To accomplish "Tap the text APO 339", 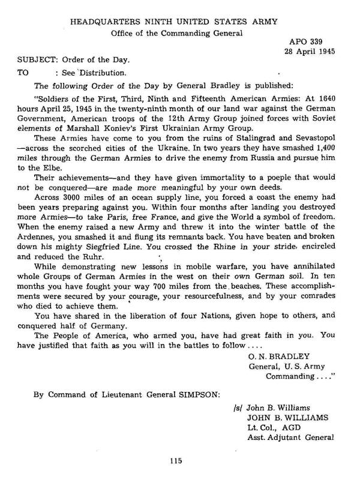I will click(x=305, y=43).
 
